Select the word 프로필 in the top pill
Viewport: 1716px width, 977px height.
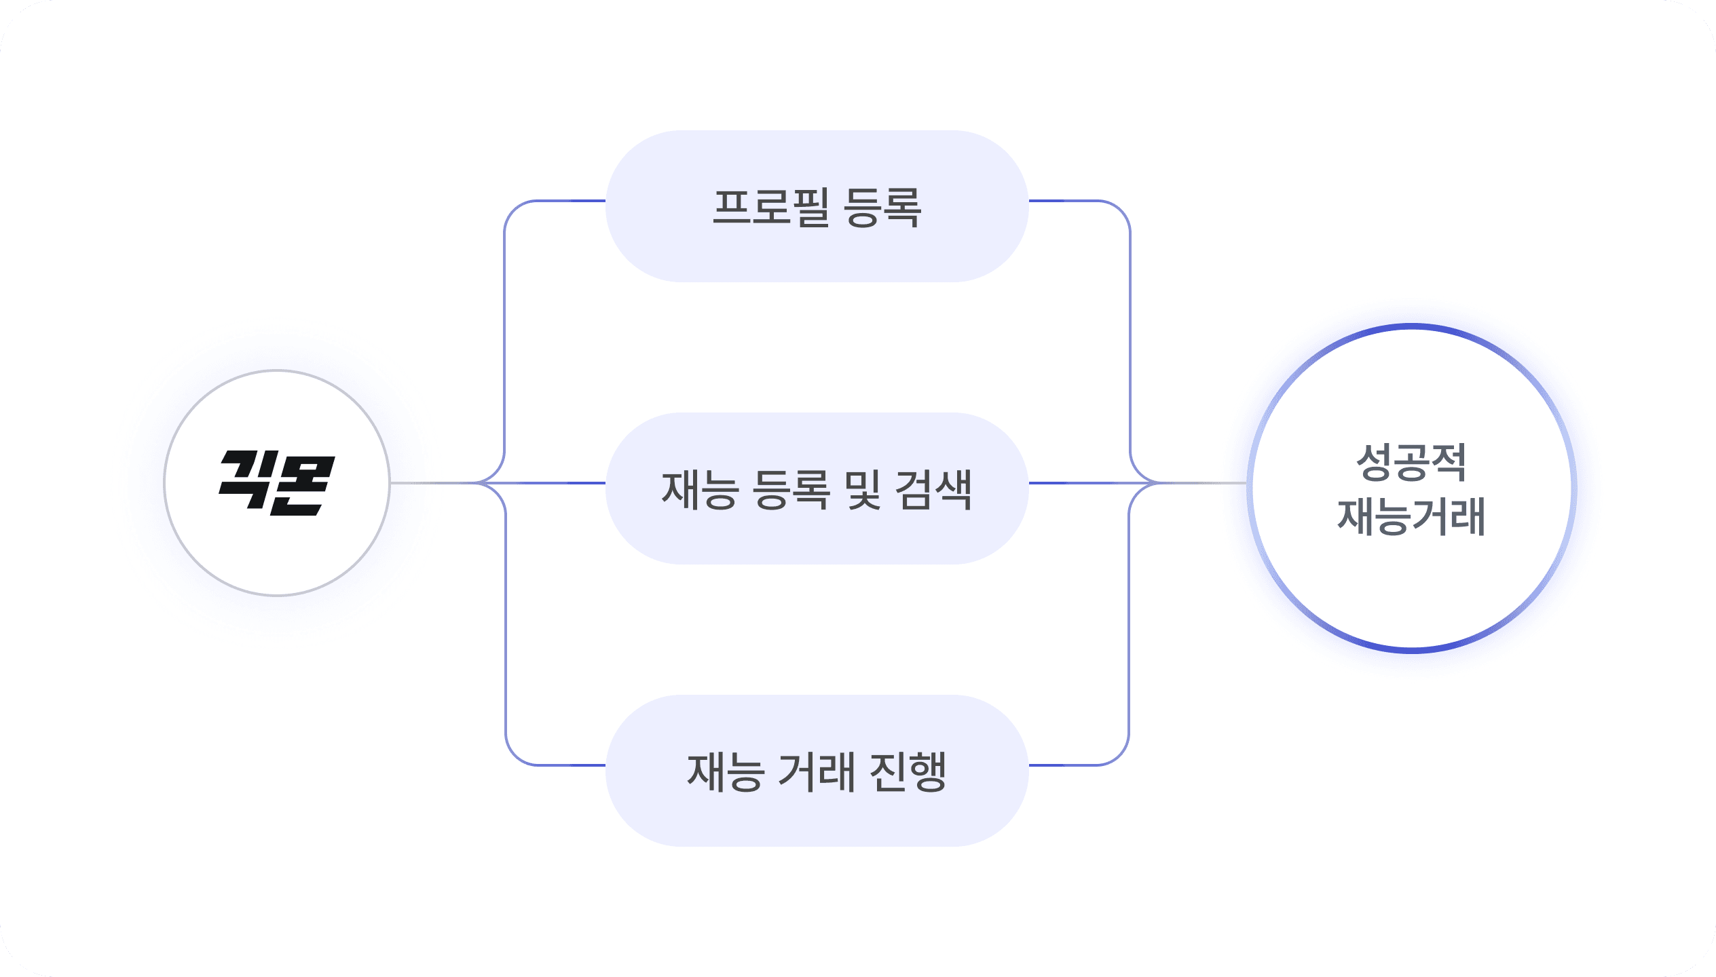770,207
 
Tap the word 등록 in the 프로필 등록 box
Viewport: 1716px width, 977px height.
882,207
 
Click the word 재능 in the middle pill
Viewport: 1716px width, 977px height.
699,489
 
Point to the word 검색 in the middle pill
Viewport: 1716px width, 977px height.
933,489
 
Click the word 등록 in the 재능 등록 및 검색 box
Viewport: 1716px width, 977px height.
791,489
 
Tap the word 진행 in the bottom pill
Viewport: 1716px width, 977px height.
908,771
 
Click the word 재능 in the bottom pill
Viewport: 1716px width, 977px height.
725,771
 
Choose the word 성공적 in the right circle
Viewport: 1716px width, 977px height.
1411,463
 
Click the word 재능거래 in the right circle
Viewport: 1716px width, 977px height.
1411,517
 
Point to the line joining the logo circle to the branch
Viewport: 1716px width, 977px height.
431,483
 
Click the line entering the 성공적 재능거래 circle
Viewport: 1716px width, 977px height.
1205,483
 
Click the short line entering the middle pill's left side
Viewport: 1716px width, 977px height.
557,483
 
